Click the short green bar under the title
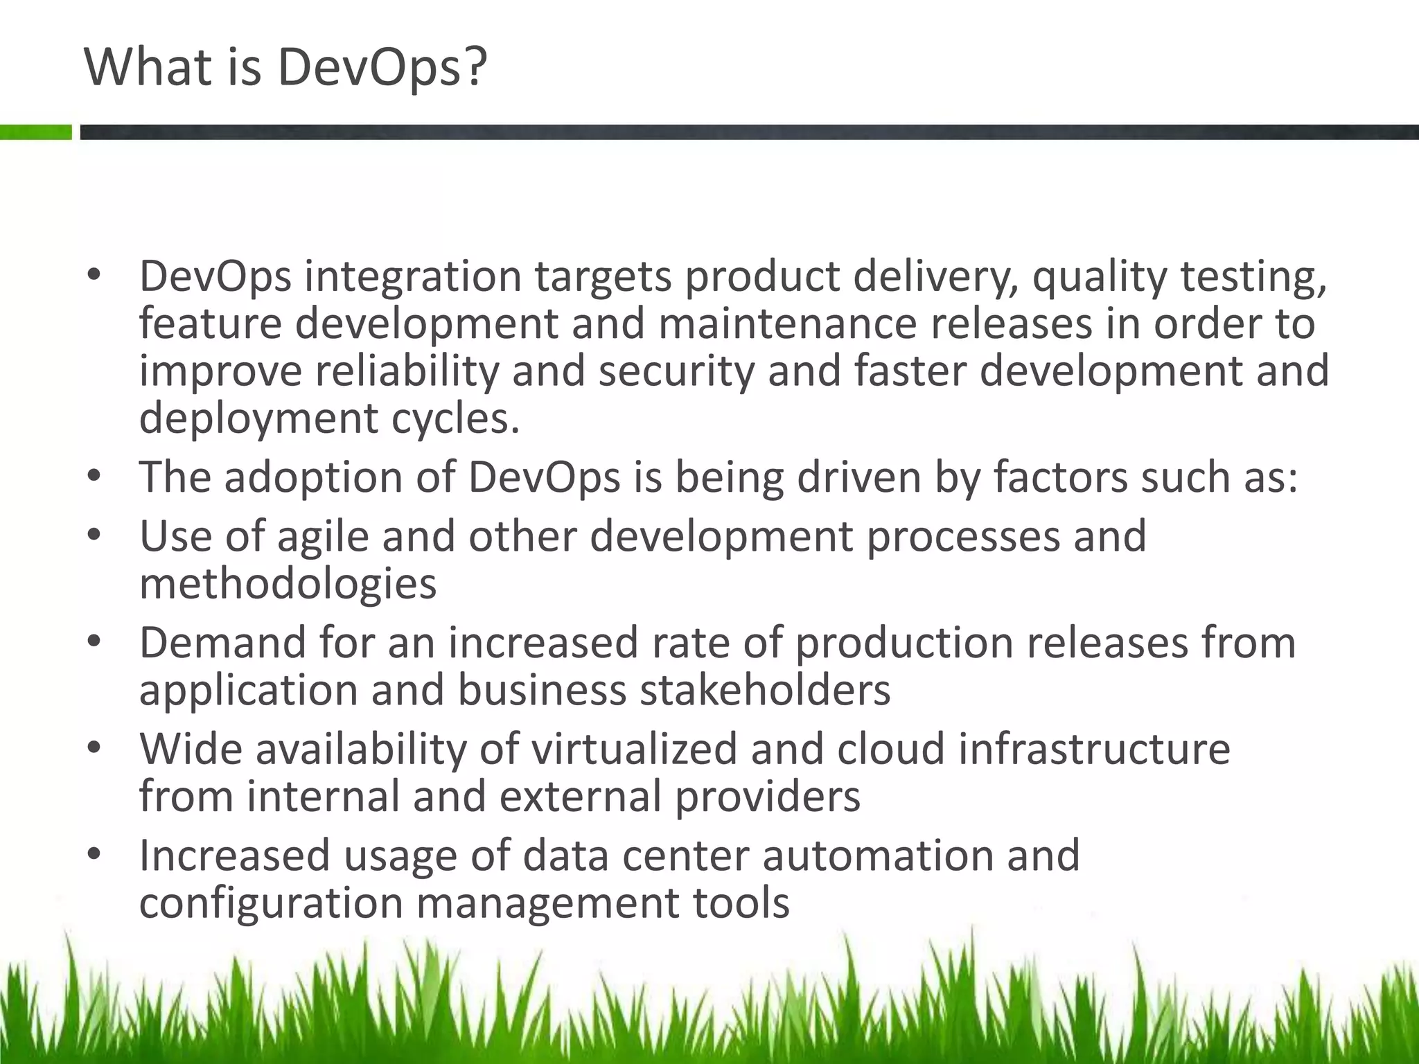pos(35,132)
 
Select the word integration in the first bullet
pos(413,276)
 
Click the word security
pos(676,371)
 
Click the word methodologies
pos(288,583)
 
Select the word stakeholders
pos(764,691)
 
